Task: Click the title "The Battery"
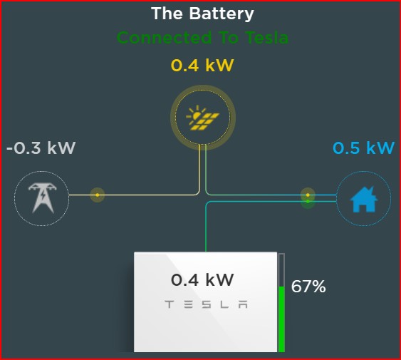click(x=202, y=14)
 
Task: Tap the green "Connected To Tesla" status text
click(x=202, y=38)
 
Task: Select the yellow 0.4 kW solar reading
click(x=202, y=66)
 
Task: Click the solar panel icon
click(x=202, y=118)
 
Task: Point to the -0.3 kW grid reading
click(x=41, y=148)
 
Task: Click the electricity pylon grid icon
click(x=42, y=198)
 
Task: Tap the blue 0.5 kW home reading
click(x=363, y=148)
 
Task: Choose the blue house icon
click(x=363, y=199)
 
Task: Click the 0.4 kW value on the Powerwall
click(x=202, y=279)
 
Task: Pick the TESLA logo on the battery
click(x=206, y=304)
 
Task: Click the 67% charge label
click(x=308, y=287)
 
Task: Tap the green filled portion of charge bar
click(x=281, y=319)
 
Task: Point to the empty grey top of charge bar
click(x=281, y=270)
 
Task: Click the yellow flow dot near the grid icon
click(x=97, y=195)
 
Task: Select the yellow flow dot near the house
click(x=308, y=195)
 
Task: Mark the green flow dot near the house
click(x=308, y=202)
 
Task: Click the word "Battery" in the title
click(x=222, y=14)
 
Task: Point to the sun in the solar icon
click(x=196, y=115)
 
